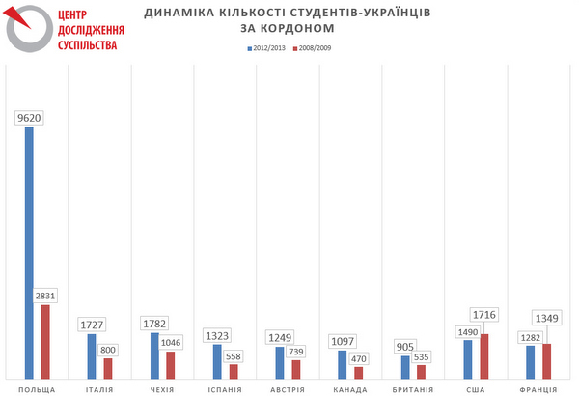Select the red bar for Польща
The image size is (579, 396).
[x=45, y=342]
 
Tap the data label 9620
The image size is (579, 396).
[x=30, y=118]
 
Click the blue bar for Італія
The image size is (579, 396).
[x=92, y=356]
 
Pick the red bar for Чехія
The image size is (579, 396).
[x=171, y=365]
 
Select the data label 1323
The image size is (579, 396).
[x=218, y=336]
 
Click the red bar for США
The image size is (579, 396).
[x=484, y=356]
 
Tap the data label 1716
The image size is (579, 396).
[x=484, y=315]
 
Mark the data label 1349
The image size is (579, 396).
[x=547, y=318]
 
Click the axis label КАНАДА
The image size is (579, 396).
[x=349, y=389]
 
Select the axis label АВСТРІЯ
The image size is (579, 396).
[x=287, y=389]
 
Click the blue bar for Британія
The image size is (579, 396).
[x=405, y=367]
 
